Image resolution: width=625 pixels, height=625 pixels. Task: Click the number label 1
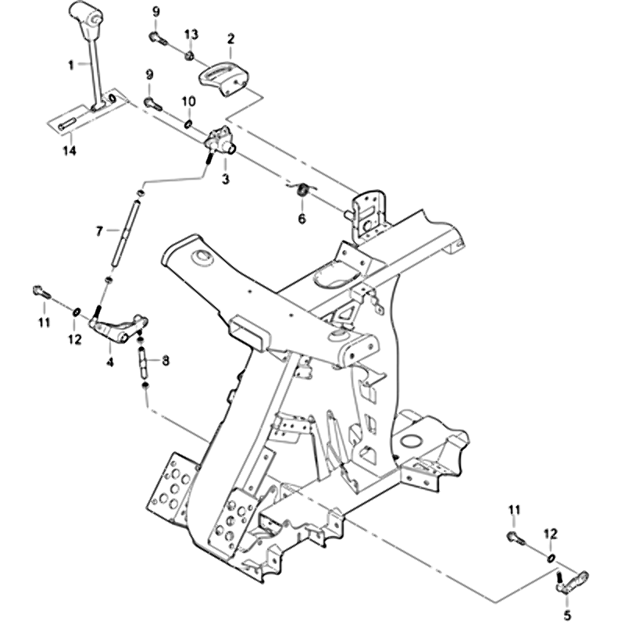pos(71,65)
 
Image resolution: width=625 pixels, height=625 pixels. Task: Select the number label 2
pos(230,37)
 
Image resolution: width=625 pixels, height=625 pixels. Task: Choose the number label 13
pos(191,34)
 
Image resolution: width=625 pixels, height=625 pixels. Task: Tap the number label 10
pos(188,102)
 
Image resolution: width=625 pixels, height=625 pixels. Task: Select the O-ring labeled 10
pos(189,123)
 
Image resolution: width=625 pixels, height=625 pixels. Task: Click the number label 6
pos(302,219)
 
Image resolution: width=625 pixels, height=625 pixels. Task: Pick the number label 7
pos(99,231)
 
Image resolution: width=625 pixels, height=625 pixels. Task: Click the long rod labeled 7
pos(124,234)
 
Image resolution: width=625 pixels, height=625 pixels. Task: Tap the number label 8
pos(165,360)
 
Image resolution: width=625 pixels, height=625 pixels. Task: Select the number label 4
pos(109,362)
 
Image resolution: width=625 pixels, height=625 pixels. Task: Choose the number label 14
pos(70,150)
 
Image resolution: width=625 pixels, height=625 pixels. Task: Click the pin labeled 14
pos(66,123)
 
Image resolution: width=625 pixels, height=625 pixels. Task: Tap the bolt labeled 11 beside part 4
pos(41,294)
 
